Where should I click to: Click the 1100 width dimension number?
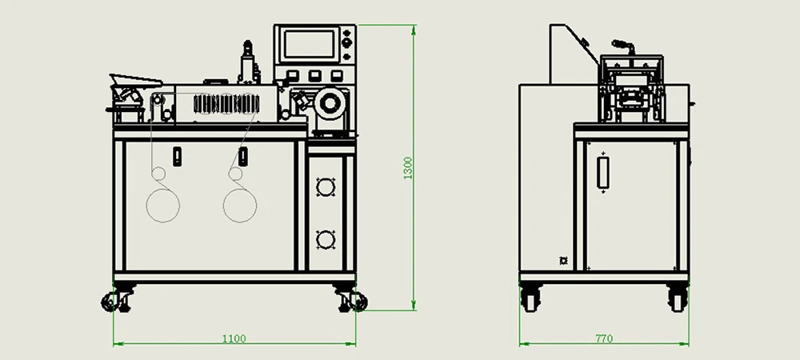(234, 338)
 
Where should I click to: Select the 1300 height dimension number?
(408, 168)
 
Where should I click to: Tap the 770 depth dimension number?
(604, 338)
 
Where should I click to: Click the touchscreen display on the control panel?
(310, 44)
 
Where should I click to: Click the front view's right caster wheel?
(351, 300)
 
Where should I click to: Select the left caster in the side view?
(530, 298)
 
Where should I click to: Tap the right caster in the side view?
(678, 298)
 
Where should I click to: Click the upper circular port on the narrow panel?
(325, 187)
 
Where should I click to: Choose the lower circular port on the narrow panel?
(325, 240)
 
